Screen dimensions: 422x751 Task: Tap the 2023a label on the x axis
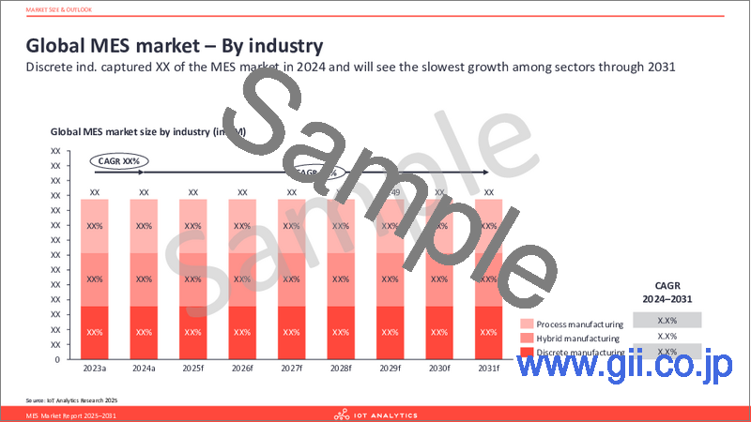[94, 369]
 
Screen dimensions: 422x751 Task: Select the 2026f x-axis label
[242, 369]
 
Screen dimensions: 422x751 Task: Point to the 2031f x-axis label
[489, 369]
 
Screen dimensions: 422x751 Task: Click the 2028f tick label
[341, 369]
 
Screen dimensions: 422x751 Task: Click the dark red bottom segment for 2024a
[144, 332]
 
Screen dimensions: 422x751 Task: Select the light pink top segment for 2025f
[192, 226]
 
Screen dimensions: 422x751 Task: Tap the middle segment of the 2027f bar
[291, 279]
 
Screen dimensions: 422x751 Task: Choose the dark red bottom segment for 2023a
[94, 332]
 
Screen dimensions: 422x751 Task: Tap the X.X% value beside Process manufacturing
[667, 321]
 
